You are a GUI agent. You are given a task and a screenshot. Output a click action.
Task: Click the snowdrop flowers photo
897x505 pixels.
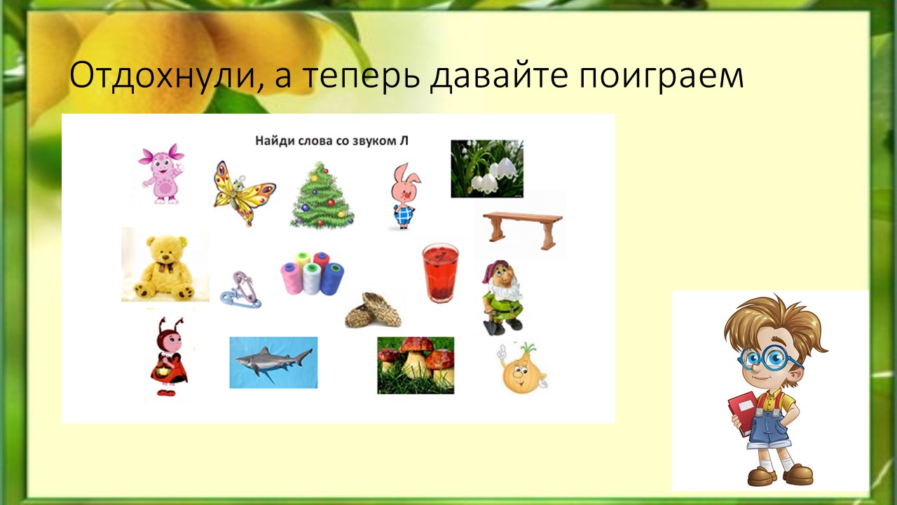coord(487,169)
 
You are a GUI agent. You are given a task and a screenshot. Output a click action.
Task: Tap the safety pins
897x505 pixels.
coord(240,290)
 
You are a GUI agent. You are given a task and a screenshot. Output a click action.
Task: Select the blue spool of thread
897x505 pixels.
coord(332,279)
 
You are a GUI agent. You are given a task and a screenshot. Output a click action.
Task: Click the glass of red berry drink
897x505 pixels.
coord(441,273)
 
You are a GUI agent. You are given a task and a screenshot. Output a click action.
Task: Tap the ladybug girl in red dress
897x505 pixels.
coord(169,356)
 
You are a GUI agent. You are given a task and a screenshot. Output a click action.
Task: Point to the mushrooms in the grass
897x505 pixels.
coord(416,365)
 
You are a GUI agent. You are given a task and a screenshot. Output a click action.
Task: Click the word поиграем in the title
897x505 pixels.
coord(661,75)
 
